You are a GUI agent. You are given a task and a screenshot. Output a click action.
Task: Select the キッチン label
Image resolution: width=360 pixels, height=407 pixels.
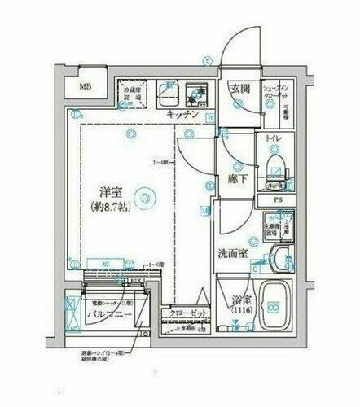coord(183,116)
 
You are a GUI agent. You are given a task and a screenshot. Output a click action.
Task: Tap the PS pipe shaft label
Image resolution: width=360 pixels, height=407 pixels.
coord(278,199)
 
